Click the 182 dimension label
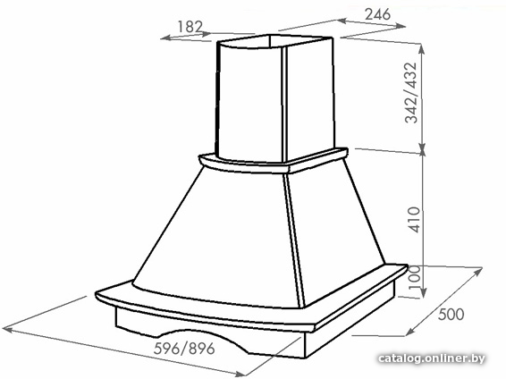[190, 27]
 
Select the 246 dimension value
[377, 14]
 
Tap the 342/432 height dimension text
[411, 93]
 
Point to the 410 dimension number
[414, 220]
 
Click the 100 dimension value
[414, 277]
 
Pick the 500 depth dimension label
[451, 314]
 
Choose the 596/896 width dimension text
[184, 349]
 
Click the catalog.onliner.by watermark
[432, 358]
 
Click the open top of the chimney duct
[275, 41]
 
